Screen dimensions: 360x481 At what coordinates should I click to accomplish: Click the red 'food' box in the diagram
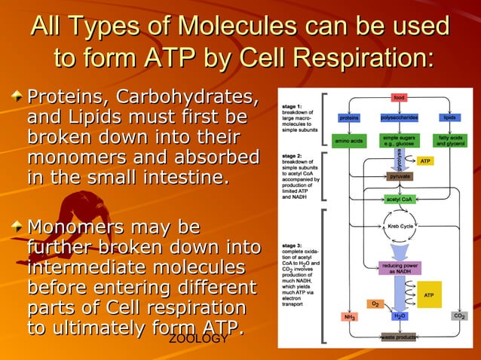(400, 97)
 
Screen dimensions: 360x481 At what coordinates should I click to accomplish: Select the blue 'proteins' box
(348, 118)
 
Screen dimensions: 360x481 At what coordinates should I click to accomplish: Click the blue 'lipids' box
(450, 118)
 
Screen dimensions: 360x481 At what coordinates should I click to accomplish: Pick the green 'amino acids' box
(348, 141)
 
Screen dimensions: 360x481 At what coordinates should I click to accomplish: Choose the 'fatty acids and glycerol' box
(450, 141)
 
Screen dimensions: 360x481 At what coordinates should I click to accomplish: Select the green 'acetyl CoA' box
(400, 200)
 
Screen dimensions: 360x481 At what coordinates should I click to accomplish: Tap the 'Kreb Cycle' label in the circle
(400, 226)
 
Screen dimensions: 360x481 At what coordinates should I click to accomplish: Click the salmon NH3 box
(350, 317)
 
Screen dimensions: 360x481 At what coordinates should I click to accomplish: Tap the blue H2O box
(400, 316)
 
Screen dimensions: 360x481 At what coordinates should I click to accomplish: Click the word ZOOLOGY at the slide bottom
(198, 340)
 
